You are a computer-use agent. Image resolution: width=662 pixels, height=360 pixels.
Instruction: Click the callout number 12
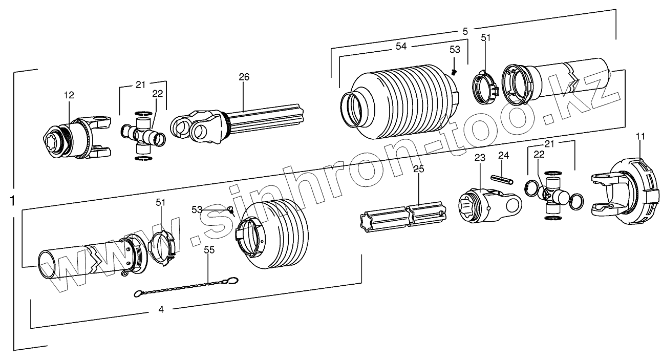point(69,95)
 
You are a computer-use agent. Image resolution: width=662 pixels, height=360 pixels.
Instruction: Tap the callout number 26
point(244,77)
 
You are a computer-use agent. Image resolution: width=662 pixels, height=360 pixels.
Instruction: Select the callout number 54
point(401,47)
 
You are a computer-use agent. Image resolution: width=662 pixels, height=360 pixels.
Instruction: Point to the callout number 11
point(640,136)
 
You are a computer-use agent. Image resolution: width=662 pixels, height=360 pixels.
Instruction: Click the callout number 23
point(479,159)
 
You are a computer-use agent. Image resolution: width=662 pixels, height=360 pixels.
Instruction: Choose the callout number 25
point(419,170)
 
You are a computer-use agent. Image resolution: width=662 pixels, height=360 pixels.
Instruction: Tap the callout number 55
point(208,250)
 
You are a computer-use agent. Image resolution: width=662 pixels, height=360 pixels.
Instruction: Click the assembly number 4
point(161,309)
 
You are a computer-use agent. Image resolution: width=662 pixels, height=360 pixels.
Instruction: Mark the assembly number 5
point(465,31)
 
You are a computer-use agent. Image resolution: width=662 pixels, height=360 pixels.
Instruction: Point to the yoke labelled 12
point(77,138)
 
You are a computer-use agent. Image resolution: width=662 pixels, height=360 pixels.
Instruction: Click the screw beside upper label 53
point(454,72)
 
